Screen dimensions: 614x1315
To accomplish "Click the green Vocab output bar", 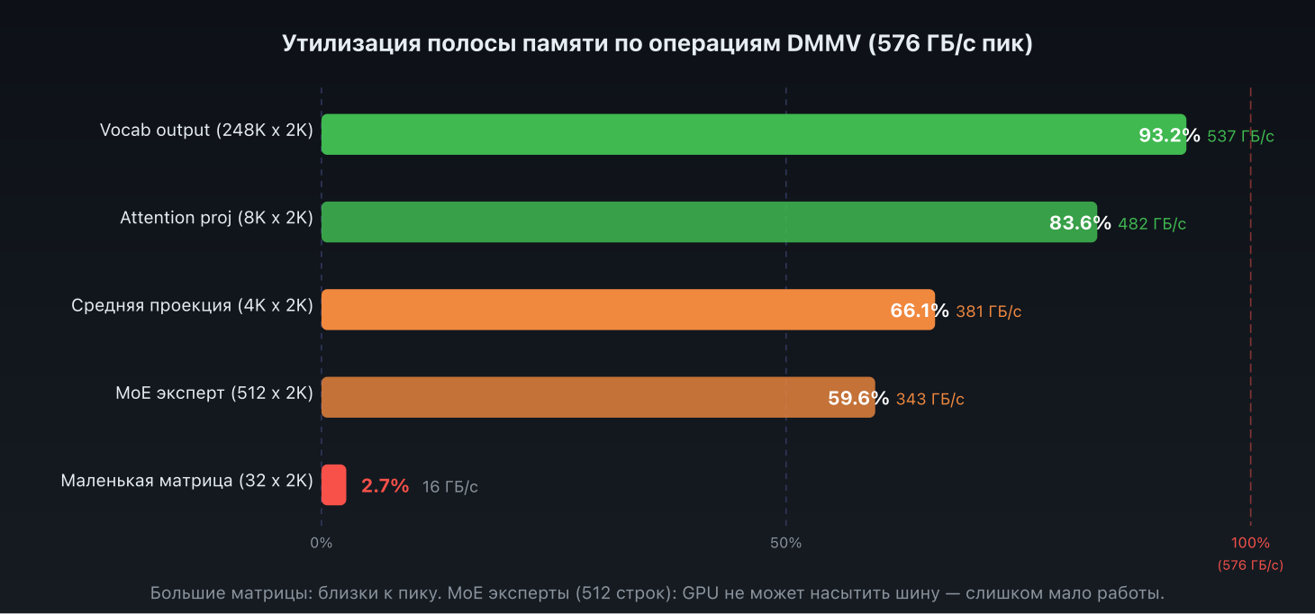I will (721, 134).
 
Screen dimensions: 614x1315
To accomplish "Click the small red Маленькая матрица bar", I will (333, 484).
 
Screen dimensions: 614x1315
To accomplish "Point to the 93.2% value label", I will (1169, 136).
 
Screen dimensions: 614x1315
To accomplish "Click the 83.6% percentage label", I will (1080, 223).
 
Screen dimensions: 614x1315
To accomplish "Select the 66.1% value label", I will (920, 312).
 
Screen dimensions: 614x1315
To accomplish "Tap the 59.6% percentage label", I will (858, 399).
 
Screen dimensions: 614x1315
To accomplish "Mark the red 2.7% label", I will (385, 486).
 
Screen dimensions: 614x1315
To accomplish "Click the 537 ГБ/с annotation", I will (1241, 137).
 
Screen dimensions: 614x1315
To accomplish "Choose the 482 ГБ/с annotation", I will (1152, 224).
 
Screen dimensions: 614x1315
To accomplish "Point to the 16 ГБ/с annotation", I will (450, 487).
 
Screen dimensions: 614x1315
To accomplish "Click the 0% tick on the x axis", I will (322, 543).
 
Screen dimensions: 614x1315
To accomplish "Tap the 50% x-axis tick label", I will (786, 543).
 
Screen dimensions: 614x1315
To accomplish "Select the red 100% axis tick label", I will (1250, 543).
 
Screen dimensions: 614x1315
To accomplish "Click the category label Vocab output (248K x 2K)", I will (206, 130).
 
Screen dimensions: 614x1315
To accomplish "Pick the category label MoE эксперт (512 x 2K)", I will (214, 393).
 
